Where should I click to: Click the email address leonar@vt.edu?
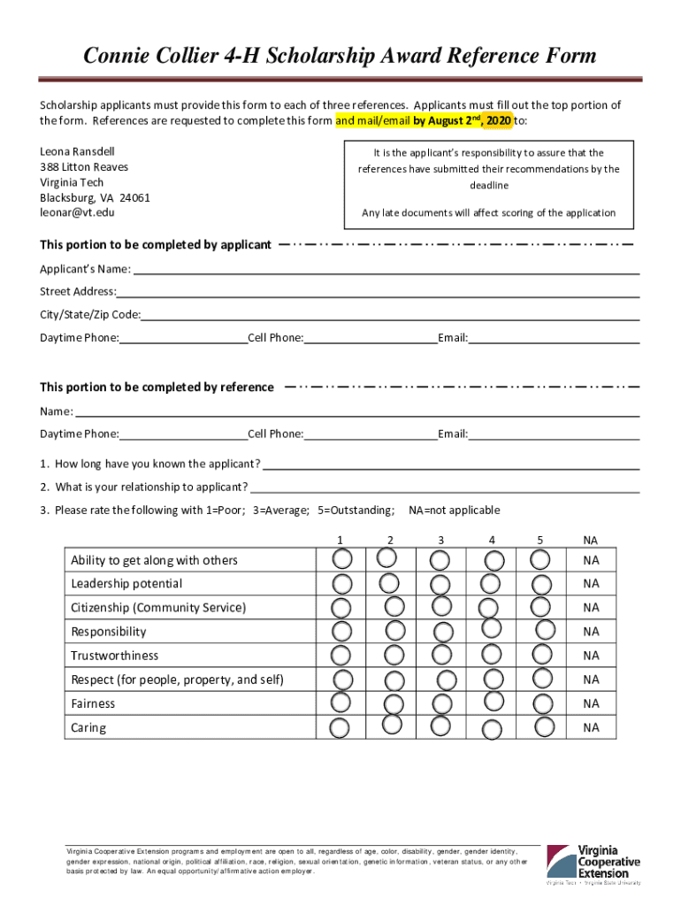pos(77,213)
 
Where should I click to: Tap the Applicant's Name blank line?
pos(386,268)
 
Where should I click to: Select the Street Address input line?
pos(378,291)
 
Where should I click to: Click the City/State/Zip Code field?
pos(390,314)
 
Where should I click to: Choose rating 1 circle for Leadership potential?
pos(340,583)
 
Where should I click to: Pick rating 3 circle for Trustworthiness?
pos(440,654)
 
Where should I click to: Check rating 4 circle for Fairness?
pos(494,701)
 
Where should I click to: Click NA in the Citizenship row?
pos(591,608)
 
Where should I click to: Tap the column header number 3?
pos(440,541)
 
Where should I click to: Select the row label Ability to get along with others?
pos(154,560)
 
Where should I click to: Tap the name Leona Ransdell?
pos(77,152)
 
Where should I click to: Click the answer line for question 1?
pos(451,465)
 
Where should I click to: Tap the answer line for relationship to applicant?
pos(445,488)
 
